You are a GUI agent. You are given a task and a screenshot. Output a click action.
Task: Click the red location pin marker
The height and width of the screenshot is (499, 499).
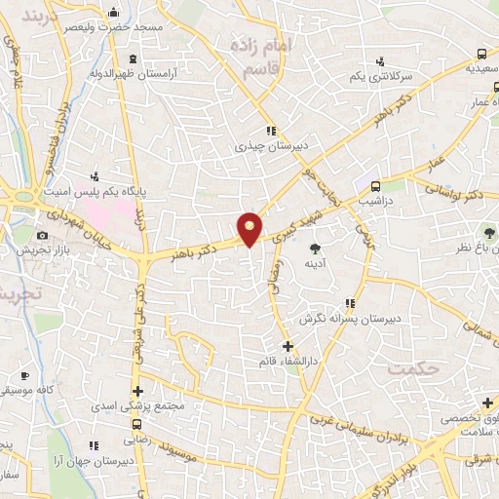(250, 228)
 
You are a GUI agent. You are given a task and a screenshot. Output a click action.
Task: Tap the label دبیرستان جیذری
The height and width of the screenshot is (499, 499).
(273, 146)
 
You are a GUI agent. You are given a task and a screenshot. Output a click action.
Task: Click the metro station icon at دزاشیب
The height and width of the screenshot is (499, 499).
(374, 184)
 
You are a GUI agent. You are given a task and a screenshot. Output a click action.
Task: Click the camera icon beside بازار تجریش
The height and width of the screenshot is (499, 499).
(42, 235)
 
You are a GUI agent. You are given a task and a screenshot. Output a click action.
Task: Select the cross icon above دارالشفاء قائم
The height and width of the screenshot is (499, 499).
(287, 346)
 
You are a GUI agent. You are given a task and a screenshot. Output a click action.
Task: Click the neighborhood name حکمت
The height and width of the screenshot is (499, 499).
(410, 368)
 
